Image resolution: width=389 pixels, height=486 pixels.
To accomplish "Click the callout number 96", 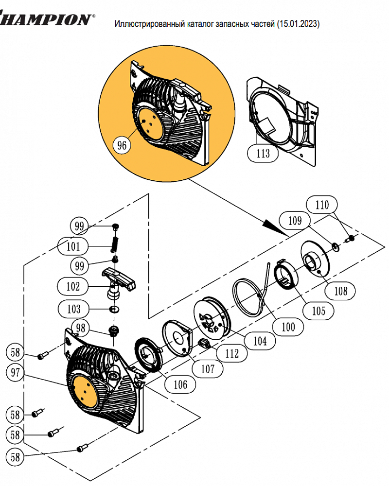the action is pyautogui.click(x=122, y=145).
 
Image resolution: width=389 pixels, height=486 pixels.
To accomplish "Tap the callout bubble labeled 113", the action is pyautogui.click(x=263, y=153).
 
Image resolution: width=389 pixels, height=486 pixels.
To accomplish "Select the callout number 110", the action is pyautogui.click(x=322, y=205).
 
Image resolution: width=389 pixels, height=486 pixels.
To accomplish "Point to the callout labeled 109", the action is pyautogui.click(x=295, y=221).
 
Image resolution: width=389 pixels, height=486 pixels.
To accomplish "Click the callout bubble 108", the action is pyautogui.click(x=340, y=291).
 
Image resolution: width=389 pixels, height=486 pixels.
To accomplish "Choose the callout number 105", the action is pyautogui.click(x=318, y=311).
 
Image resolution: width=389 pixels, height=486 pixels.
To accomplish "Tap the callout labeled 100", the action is pyautogui.click(x=288, y=327).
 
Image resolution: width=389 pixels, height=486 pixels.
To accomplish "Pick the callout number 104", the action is pyautogui.click(x=260, y=341).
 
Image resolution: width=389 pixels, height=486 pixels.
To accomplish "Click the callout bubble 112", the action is pyautogui.click(x=232, y=353).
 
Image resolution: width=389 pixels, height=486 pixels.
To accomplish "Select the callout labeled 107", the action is pyautogui.click(x=208, y=369).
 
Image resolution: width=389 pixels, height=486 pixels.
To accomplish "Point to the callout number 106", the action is pyautogui.click(x=180, y=384).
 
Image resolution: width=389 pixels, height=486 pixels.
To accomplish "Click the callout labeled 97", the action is pyautogui.click(x=15, y=372).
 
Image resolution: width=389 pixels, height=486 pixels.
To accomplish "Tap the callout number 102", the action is pyautogui.click(x=73, y=286).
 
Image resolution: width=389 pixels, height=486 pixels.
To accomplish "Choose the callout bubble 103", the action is pyautogui.click(x=73, y=309).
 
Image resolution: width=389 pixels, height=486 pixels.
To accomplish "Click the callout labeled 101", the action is pyautogui.click(x=73, y=246).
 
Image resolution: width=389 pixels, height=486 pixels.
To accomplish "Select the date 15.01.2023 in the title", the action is pyautogui.click(x=298, y=24).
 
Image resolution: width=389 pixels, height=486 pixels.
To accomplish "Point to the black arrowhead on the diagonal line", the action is pyautogui.click(x=274, y=227).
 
